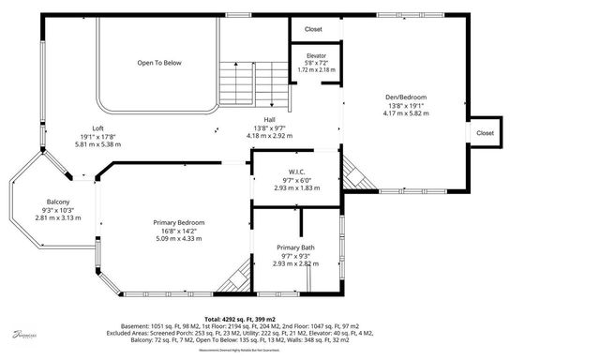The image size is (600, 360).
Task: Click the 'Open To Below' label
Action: pyautogui.click(x=159, y=63)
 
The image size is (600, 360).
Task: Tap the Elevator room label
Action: pyautogui.click(x=316, y=55)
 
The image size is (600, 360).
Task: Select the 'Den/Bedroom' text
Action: pyautogui.click(x=406, y=97)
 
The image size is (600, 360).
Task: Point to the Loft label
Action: pyautogui.click(x=97, y=128)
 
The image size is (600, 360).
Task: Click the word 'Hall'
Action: pyautogui.click(x=270, y=119)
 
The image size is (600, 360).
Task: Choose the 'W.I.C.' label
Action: pyautogui.click(x=297, y=172)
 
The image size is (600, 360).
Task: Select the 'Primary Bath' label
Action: pyautogui.click(x=296, y=247)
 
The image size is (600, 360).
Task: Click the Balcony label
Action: pyautogui.click(x=58, y=202)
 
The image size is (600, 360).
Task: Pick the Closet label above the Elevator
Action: pyautogui.click(x=313, y=29)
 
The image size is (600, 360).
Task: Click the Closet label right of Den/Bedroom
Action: pyautogui.click(x=485, y=133)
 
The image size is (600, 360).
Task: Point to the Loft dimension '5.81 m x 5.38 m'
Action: pyautogui.click(x=97, y=144)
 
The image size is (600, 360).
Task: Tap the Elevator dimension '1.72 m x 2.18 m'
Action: pyautogui.click(x=316, y=70)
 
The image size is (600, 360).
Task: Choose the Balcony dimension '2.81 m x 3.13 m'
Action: pyautogui.click(x=58, y=217)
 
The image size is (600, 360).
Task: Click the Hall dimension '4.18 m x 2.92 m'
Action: pyautogui.click(x=270, y=135)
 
